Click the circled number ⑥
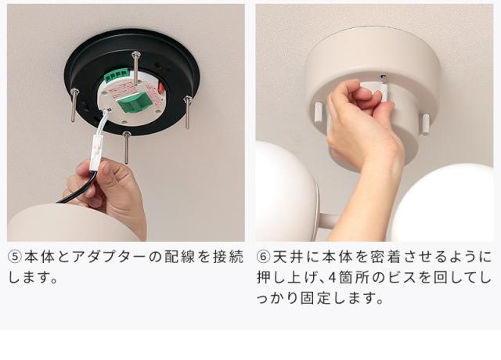click(264, 257)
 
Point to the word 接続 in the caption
click(228, 257)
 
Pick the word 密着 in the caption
click(385, 257)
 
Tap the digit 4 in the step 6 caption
click(332, 278)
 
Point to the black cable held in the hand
click(78, 189)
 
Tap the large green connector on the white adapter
click(135, 103)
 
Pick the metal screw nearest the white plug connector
click(127, 147)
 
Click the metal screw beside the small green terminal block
click(136, 68)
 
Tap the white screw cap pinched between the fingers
click(384, 90)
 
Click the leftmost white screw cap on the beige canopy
click(319, 113)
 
